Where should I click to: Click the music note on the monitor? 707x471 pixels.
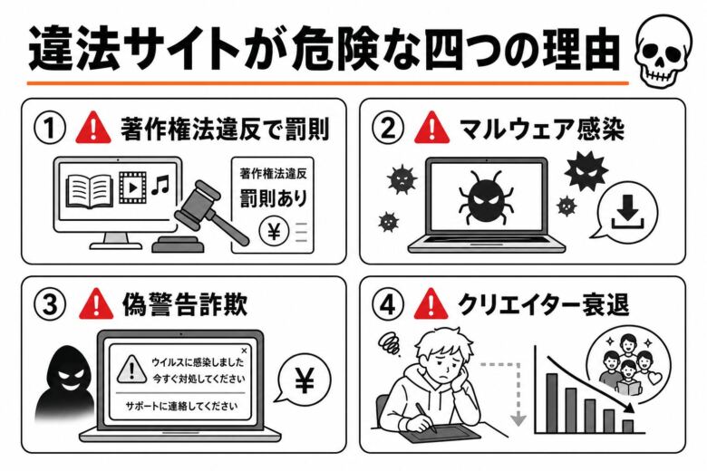[x=160, y=187]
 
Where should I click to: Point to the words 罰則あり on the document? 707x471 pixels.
[x=273, y=197]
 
